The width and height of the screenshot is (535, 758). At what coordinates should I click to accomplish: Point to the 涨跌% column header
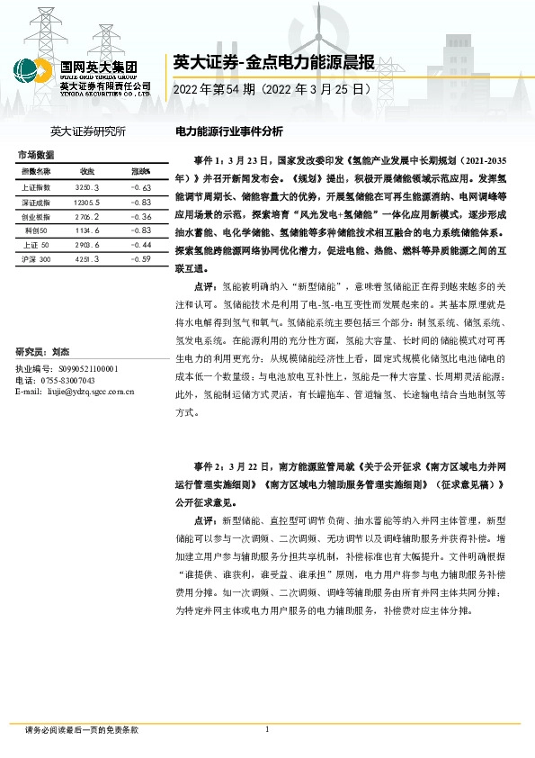point(140,170)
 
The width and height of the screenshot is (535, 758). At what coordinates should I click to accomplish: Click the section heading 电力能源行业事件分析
point(227,131)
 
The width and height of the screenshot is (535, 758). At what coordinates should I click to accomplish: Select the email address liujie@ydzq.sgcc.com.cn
point(76,392)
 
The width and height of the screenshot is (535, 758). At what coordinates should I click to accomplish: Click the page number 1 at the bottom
point(267,729)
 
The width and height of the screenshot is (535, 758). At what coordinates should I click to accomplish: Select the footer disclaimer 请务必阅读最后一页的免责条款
point(82,730)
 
